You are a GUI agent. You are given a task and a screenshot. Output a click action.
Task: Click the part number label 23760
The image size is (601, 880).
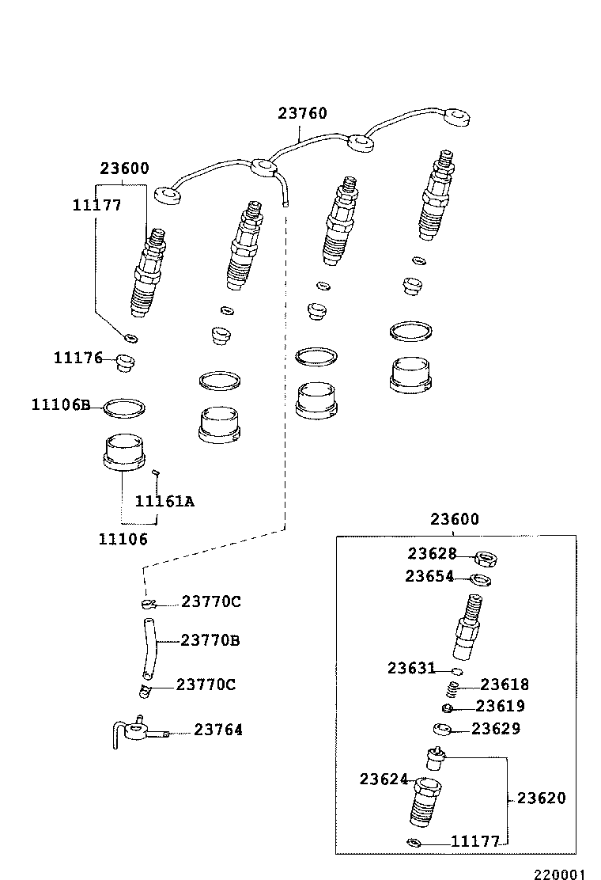(302, 113)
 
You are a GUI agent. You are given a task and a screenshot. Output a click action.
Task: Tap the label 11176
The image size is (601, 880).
(78, 358)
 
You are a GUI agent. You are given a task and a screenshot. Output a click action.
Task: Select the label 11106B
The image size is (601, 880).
(61, 404)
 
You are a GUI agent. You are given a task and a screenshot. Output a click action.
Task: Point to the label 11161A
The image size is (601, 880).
(164, 501)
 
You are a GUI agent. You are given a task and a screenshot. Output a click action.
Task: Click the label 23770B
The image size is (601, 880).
(210, 639)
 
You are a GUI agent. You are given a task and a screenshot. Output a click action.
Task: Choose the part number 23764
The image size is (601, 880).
(218, 730)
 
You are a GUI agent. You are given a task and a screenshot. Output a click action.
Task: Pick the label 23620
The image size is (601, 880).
(542, 798)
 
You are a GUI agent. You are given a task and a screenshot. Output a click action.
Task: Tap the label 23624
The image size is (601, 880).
(384, 779)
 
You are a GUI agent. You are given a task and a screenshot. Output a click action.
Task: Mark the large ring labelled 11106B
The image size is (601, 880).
(125, 408)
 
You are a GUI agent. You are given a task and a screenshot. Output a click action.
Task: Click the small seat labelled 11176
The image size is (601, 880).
(125, 363)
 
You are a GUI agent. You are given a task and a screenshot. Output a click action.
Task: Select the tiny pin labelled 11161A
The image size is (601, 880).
(156, 473)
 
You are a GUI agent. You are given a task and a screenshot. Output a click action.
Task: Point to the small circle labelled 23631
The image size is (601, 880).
(447, 671)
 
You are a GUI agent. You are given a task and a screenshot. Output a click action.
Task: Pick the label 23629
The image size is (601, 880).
(496, 728)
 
